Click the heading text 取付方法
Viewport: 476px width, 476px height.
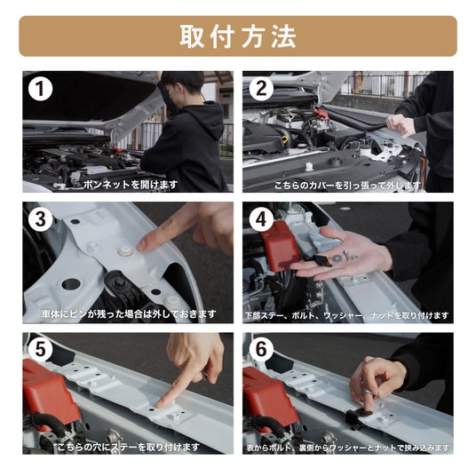pos(238,36)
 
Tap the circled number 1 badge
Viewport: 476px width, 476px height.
pos(40,89)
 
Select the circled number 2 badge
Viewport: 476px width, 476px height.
pos(261,89)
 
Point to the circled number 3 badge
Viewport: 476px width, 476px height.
pos(40,219)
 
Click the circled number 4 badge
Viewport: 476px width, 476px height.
pos(261,219)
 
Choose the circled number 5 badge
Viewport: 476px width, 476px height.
pos(40,350)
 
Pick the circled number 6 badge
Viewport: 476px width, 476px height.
pos(261,350)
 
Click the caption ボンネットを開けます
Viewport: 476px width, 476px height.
pos(131,184)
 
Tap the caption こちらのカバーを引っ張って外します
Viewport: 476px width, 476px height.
pos(347,186)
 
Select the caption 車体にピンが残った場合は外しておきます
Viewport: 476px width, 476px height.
pos(129,313)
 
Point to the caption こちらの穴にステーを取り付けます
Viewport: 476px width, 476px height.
pos(129,447)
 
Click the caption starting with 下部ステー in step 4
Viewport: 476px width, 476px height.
pos(347,316)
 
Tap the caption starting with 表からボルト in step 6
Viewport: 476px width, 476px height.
pos(348,448)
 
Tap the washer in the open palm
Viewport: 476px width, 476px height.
pos(337,258)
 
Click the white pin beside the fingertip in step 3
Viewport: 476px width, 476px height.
pos(125,251)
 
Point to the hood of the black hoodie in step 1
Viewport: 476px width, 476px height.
pos(209,119)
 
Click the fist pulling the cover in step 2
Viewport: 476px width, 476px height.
pos(400,125)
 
